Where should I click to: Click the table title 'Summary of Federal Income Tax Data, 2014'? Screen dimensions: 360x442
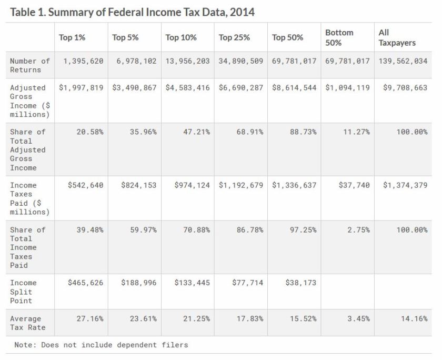pos(132,12)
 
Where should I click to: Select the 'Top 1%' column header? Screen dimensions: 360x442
pos(72,37)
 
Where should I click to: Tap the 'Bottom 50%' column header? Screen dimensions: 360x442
pos(339,37)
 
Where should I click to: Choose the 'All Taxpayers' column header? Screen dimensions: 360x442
pos(397,37)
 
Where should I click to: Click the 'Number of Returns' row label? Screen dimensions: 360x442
pos(29,65)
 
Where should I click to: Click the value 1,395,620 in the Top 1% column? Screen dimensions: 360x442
pos(83,61)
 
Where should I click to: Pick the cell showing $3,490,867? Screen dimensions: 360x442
pos(134,87)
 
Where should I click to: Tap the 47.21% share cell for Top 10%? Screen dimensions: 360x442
pos(196,132)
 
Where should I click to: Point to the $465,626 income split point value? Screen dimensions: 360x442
pos(85,283)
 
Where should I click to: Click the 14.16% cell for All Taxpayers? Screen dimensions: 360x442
pos(414,318)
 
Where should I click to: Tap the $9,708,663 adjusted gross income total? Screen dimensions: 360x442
pos(405,87)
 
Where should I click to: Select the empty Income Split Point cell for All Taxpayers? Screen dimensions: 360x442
pos(403,291)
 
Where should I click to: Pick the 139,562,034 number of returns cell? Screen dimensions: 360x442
pos(403,61)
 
